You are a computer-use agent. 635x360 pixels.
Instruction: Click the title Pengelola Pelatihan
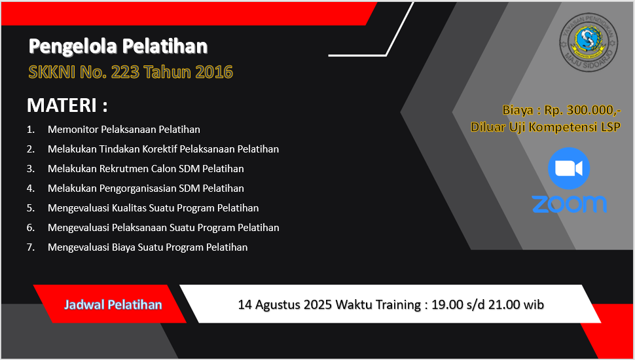118,46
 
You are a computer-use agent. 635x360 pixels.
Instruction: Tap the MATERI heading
67,105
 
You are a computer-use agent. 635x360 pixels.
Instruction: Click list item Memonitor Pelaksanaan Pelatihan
124,130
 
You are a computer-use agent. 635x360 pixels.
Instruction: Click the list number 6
30,228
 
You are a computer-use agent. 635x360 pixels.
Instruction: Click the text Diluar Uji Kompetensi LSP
545,127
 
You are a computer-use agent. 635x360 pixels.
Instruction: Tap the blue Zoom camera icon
569,168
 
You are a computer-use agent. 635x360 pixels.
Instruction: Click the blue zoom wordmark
569,204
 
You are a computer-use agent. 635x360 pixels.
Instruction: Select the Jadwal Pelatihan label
113,304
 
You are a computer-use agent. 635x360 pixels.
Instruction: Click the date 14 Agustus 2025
285,304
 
